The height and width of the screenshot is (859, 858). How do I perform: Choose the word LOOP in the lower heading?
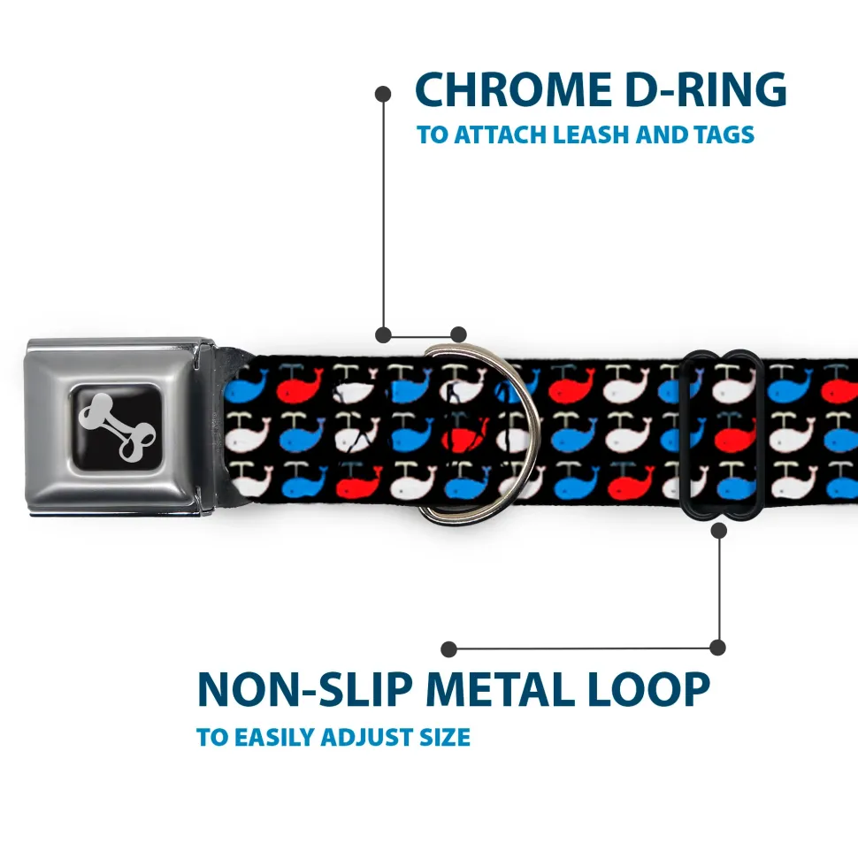(650, 689)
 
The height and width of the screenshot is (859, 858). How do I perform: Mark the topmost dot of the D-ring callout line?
(383, 92)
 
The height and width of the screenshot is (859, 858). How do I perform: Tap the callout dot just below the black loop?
(718, 530)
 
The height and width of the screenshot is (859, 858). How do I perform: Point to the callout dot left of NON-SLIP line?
(449, 648)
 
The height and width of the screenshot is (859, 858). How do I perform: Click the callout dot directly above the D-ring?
(458, 334)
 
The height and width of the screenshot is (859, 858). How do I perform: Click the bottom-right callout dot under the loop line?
(718, 648)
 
